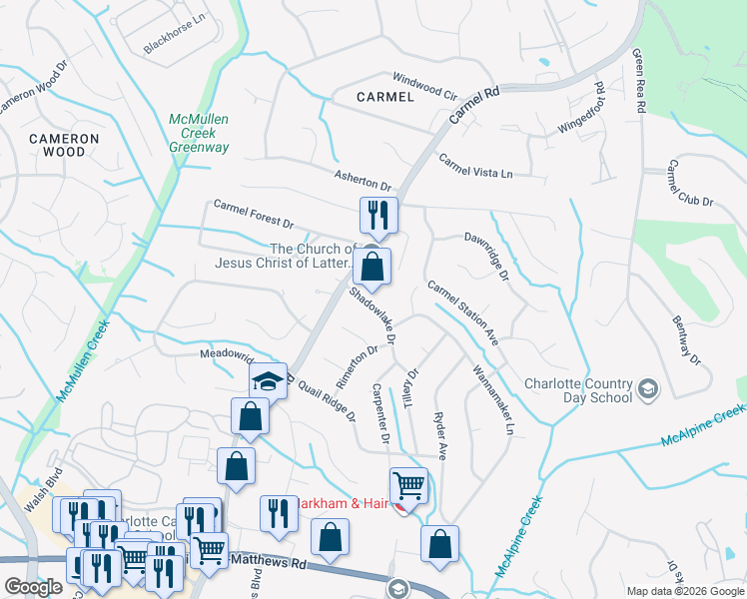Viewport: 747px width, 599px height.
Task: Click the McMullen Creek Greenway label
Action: (x=199, y=133)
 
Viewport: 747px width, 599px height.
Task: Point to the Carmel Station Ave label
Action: (x=462, y=312)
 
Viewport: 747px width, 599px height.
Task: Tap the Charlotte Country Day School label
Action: (x=580, y=390)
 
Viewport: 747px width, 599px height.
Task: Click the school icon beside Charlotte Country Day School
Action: (x=647, y=388)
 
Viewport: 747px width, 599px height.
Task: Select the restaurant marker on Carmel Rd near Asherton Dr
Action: (x=378, y=214)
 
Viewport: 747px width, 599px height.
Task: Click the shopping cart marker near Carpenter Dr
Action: (x=408, y=486)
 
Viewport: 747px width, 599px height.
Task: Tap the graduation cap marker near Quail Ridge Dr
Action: (x=268, y=380)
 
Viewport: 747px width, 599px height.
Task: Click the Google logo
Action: (x=33, y=588)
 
